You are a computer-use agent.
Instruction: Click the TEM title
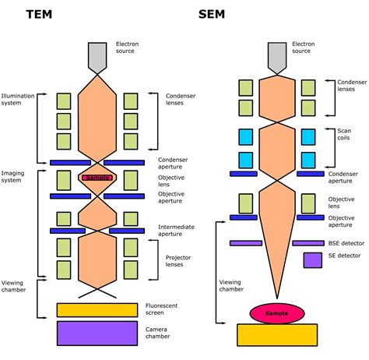[x=40, y=13]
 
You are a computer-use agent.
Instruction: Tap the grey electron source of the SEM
[x=276, y=57]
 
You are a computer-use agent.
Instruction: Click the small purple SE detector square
[x=313, y=259]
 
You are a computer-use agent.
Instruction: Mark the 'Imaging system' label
[x=14, y=178]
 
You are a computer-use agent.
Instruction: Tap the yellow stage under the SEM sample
[x=277, y=334]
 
